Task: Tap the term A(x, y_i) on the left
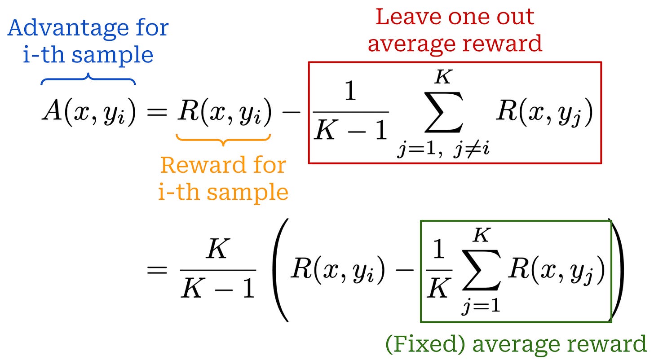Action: pos(88,113)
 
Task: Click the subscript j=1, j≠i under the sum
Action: pos(442,148)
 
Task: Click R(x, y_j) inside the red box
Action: pos(544,113)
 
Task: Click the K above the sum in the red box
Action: pos(443,77)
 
